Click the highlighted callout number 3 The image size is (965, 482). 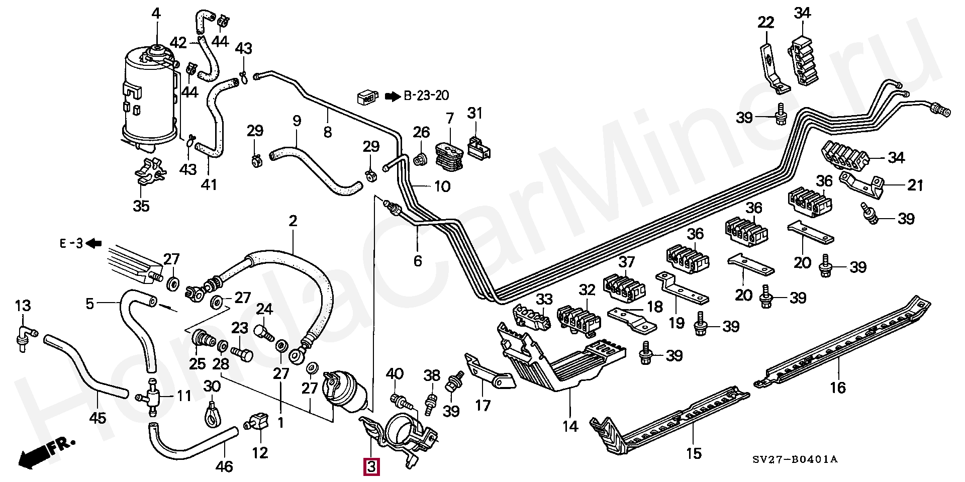tap(371, 467)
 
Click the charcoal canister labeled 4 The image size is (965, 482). tap(151, 98)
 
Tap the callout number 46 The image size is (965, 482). tap(224, 466)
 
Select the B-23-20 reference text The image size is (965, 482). tap(427, 95)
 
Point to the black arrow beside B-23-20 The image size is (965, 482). tap(392, 95)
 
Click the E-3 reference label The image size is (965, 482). tap(71, 244)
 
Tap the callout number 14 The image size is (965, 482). tap(570, 427)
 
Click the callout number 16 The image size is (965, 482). tap(838, 388)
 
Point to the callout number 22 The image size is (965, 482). tap(766, 22)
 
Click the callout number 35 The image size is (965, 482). tap(141, 206)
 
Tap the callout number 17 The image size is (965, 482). tap(482, 405)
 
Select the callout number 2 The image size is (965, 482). tap(293, 221)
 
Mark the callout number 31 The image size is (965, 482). tap(475, 113)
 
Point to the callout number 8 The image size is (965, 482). tap(327, 132)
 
